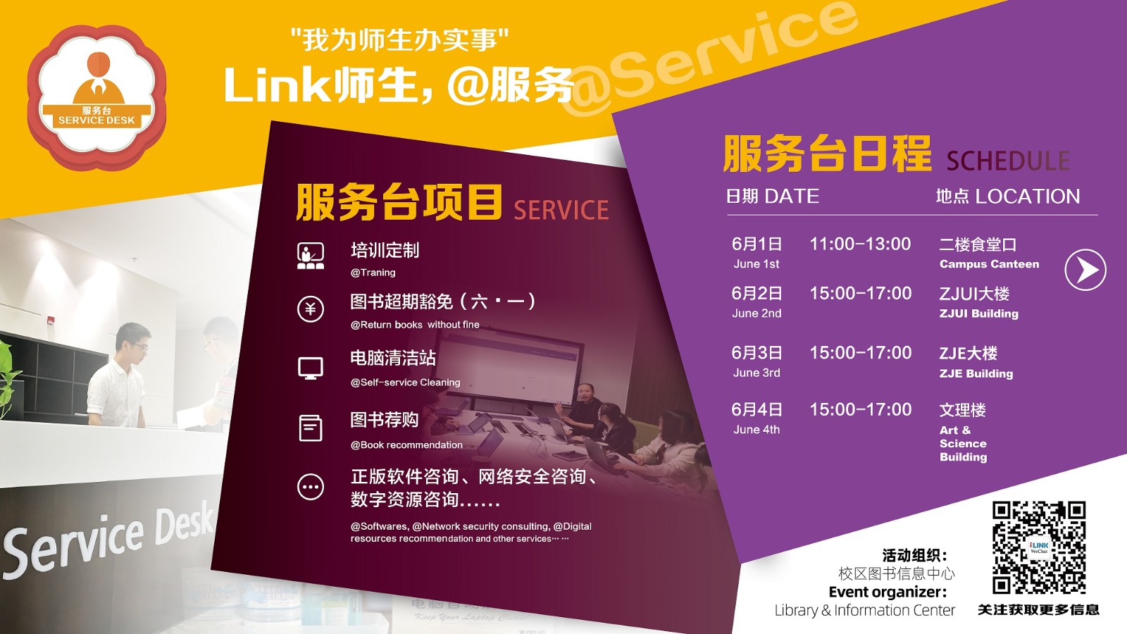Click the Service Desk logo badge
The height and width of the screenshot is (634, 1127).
tap(96, 97)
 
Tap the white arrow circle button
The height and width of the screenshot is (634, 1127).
tap(1085, 270)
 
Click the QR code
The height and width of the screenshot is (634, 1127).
tap(1038, 547)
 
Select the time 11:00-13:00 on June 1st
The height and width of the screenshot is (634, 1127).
tap(860, 244)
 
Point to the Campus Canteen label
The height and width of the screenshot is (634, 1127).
tap(989, 264)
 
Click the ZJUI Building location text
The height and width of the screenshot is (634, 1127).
tap(978, 313)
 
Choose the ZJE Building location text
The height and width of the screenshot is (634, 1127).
tap(976, 373)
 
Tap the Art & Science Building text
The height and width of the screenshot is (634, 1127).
tap(963, 443)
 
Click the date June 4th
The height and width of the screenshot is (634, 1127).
tap(756, 429)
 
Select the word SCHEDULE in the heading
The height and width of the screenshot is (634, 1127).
tap(1008, 161)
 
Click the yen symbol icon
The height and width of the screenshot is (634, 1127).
tap(311, 309)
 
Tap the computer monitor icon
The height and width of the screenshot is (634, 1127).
tap(311, 368)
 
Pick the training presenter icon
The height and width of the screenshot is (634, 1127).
tap(311, 256)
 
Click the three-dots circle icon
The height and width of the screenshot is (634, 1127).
tap(311, 487)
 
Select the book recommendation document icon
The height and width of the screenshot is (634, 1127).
tap(311, 428)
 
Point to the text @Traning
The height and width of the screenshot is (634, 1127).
tap(373, 272)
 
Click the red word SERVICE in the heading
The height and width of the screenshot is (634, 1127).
tap(561, 210)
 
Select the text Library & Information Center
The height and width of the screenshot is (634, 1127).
tap(864, 610)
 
